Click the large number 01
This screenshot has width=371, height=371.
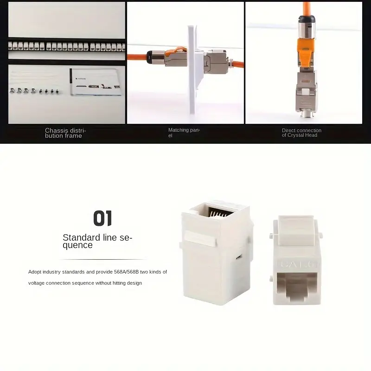(x=102, y=218)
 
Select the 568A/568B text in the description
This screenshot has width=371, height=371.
(x=126, y=272)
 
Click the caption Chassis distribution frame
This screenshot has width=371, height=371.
(x=65, y=133)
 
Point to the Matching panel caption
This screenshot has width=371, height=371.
(x=184, y=133)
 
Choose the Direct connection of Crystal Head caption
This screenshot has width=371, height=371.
(x=301, y=133)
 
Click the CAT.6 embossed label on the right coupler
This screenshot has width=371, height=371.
(x=298, y=264)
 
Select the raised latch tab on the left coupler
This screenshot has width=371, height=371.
(x=200, y=238)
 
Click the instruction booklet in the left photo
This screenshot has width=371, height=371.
(x=96, y=82)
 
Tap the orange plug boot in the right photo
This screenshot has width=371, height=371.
(x=306, y=51)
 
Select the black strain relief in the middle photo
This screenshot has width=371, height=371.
(x=150, y=57)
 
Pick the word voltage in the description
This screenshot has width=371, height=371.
(x=36, y=283)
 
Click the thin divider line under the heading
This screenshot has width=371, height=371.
(x=102, y=260)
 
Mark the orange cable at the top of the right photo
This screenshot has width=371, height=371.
(x=307, y=8)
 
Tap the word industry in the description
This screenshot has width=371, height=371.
(x=52, y=272)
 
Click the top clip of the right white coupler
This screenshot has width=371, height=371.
(x=296, y=230)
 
